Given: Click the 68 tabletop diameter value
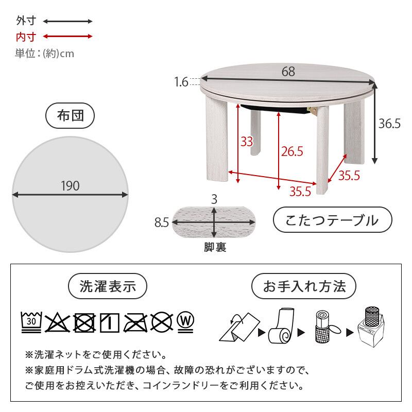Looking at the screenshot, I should point(288,72).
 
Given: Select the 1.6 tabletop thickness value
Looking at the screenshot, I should point(181,81).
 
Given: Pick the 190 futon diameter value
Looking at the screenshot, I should point(70,186).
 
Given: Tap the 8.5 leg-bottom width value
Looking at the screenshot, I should point(162,222).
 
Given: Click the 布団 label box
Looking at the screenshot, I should point(70,116).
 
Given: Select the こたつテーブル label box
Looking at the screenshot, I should point(332,221).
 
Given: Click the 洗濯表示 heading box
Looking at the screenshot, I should point(108,286).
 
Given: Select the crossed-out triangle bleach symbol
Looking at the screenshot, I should point(57,322).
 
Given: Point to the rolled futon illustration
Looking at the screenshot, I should point(280,327).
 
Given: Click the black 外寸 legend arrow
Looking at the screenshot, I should point(67,22).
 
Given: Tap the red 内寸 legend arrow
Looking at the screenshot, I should point(67,37).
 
